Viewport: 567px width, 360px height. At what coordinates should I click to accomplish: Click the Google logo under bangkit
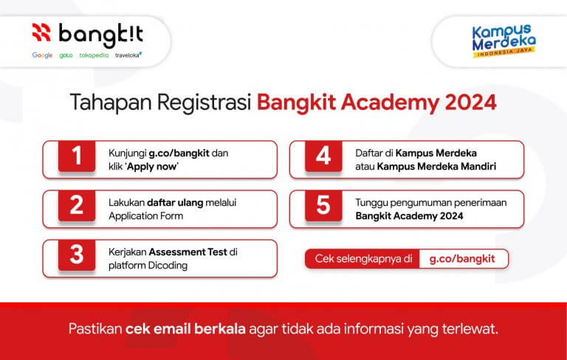tap(42, 55)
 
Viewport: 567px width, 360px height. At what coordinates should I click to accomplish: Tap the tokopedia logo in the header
tap(94, 55)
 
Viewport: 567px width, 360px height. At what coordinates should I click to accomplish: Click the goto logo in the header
tap(66, 55)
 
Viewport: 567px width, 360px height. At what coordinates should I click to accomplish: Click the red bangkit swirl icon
tap(42, 32)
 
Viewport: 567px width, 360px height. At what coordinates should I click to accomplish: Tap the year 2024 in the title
tap(470, 103)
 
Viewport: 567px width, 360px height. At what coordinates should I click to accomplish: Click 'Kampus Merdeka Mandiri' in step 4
tap(436, 166)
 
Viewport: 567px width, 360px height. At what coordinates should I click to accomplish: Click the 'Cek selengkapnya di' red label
tap(362, 259)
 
